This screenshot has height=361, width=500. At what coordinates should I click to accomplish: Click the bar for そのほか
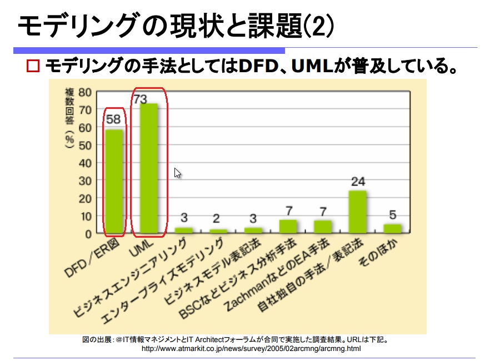click(392, 228)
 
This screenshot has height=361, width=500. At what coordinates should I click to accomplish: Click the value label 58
click(113, 119)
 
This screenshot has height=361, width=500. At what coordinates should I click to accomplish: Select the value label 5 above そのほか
click(392, 214)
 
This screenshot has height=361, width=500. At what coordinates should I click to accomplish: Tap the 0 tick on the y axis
click(88, 234)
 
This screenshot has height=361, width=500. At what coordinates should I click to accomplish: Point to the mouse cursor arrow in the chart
click(177, 173)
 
